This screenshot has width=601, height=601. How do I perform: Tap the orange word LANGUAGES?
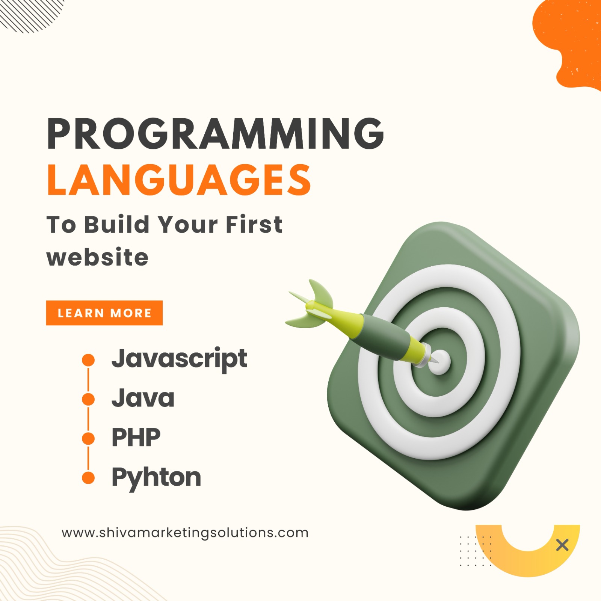[179, 180]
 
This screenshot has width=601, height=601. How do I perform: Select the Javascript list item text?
[180, 359]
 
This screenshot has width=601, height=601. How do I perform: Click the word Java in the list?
[143, 398]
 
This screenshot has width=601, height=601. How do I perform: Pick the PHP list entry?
[136, 437]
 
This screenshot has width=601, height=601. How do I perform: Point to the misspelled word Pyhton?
[156, 478]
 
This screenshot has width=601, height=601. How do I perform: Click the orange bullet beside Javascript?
[88, 360]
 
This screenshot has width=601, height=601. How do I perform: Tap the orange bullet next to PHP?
[88, 438]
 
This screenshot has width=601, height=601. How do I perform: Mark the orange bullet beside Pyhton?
[88, 478]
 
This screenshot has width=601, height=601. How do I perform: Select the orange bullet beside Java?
[88, 399]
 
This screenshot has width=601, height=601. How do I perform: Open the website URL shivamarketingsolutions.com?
[185, 533]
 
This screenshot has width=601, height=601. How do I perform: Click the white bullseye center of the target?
[439, 362]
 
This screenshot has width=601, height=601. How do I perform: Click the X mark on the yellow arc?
[562, 545]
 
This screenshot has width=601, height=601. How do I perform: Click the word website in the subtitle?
[98, 257]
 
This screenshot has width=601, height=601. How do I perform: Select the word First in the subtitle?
[254, 225]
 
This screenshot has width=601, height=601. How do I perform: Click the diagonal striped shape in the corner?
[30, 14]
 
